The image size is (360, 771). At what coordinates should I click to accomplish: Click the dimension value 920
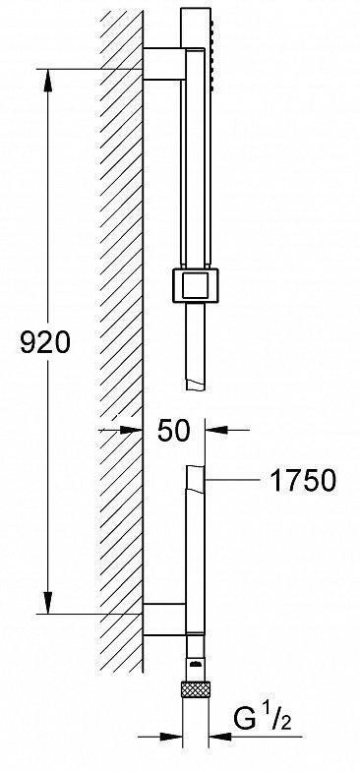click(46, 343)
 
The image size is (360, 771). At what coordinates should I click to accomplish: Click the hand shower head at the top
click(197, 39)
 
